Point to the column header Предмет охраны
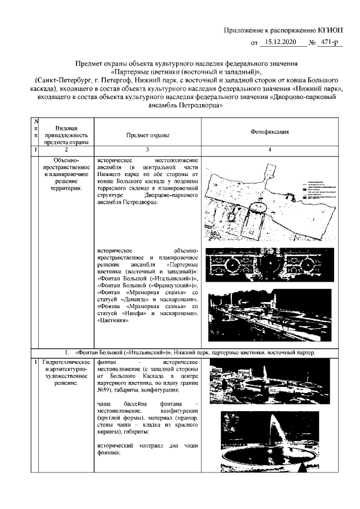(147, 135)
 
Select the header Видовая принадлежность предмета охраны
(66, 135)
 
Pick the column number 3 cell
(147, 150)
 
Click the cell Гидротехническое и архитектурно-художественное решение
(66, 372)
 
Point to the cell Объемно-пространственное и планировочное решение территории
(66, 174)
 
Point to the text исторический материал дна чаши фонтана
(147, 449)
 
